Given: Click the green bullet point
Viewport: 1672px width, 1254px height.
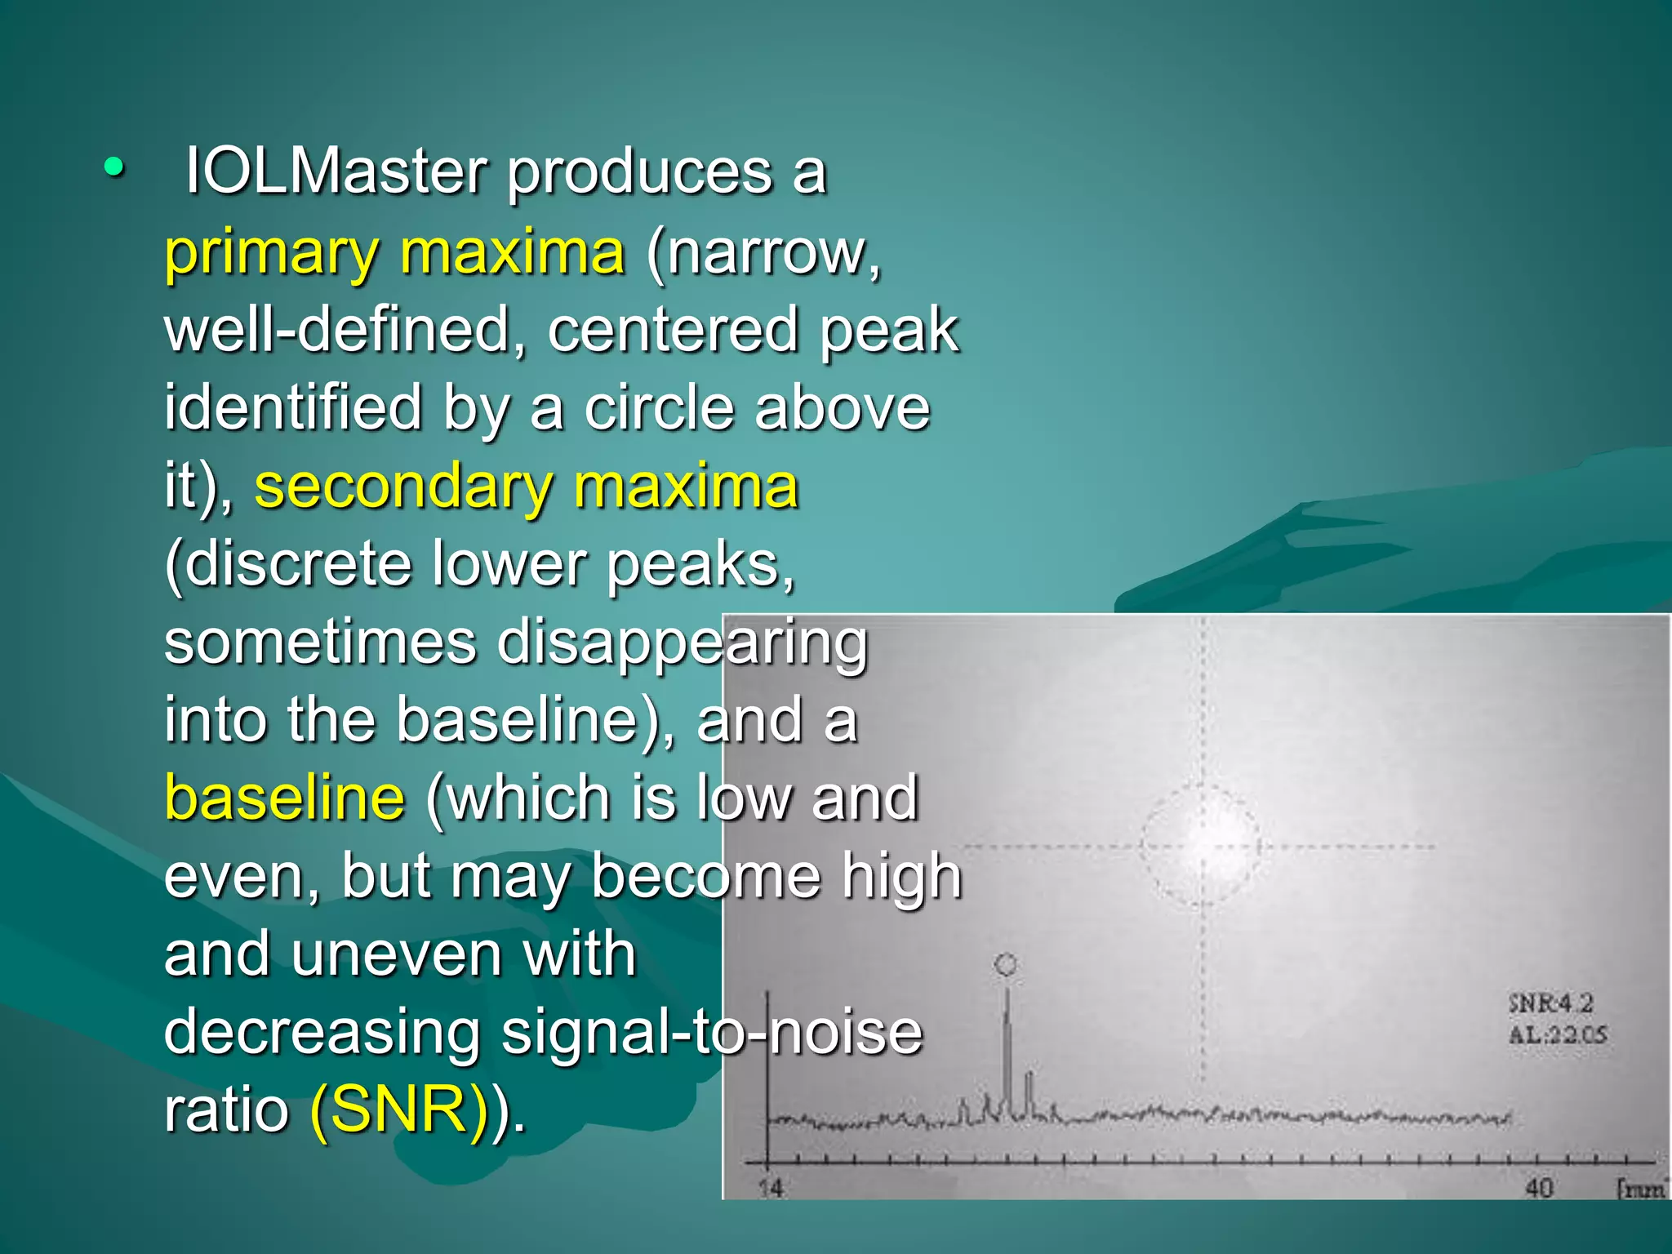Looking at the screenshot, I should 114,167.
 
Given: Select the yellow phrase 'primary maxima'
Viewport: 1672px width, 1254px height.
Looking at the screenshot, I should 394,252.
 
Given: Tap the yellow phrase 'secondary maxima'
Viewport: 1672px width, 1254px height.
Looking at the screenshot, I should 526,487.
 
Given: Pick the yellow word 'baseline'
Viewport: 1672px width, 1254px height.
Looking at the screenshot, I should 284,798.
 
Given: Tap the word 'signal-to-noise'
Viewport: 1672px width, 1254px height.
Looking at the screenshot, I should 711,1032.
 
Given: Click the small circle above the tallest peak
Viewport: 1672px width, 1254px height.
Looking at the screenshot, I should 1006,965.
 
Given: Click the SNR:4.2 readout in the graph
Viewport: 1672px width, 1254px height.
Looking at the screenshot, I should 1550,1003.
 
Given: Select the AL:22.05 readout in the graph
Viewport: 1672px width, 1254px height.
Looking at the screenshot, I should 1557,1035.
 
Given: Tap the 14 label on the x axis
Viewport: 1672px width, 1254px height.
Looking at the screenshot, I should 770,1188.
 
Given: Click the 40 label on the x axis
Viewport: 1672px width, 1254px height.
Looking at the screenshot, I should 1539,1188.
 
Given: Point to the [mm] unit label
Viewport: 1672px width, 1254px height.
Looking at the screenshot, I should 1641,1189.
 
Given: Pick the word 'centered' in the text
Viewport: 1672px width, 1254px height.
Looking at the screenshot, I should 672,330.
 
